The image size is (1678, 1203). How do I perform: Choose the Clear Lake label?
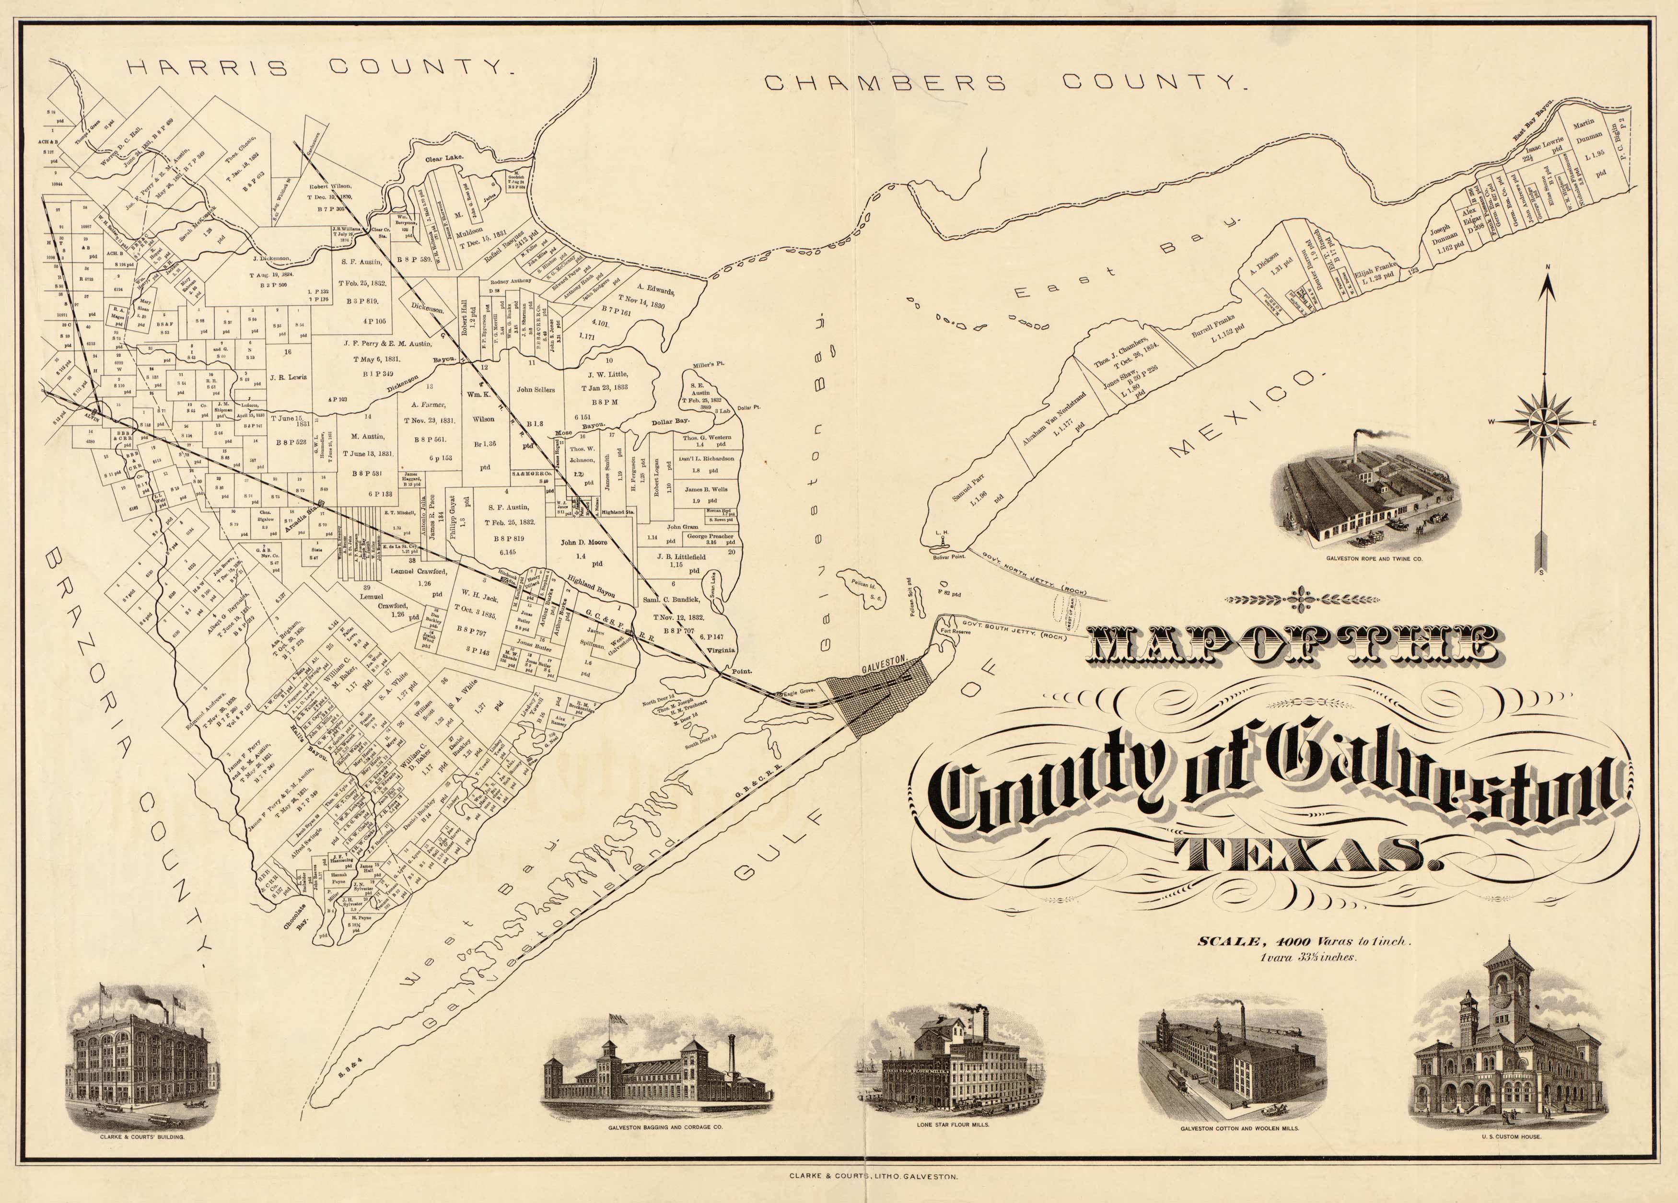pos(443,158)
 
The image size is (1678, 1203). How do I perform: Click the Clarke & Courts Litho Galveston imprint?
pos(874,1175)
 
